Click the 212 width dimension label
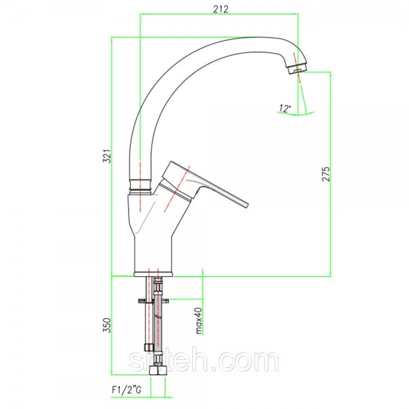[221, 9]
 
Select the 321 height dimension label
[107, 156]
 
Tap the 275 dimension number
[326, 174]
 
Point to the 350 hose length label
[107, 325]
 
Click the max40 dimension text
[199, 321]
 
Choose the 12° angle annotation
[285, 108]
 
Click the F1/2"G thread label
[127, 390]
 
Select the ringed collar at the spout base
[140, 186]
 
